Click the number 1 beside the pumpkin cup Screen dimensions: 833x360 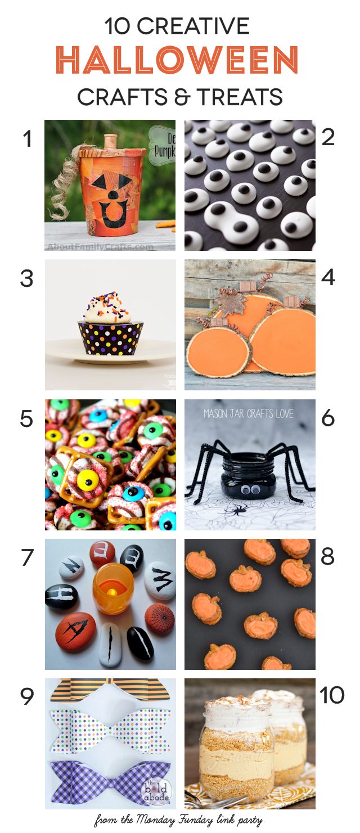click(26, 139)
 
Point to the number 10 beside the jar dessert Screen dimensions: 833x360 click(332, 696)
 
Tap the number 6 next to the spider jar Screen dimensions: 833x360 click(328, 418)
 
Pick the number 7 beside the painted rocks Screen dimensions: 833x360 click(26, 557)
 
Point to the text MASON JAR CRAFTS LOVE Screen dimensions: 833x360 click(250, 414)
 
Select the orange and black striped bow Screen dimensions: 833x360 click(110, 690)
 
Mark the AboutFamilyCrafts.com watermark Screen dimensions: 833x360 click(100, 246)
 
